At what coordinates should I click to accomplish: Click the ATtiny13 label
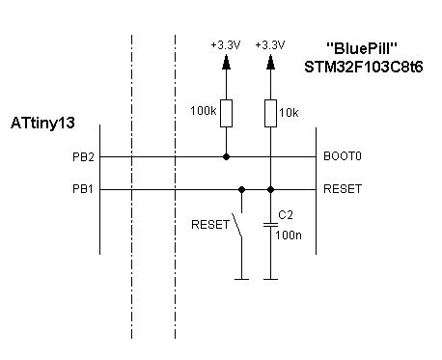42,124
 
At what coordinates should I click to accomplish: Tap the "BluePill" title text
362,48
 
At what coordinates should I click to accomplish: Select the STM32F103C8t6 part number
364,68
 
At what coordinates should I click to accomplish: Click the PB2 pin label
83,157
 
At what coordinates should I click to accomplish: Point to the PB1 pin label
83,189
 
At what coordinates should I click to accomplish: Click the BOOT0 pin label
343,156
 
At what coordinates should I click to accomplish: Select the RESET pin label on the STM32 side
343,189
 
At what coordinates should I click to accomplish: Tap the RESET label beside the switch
210,225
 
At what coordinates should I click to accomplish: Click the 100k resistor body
226,113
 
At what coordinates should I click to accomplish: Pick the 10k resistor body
270,113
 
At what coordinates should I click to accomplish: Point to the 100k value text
204,111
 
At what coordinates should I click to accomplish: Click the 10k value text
289,113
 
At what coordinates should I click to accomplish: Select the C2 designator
286,215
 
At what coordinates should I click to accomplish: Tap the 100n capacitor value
289,235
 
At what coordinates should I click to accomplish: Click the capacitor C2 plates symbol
270,225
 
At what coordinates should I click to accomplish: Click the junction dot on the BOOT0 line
226,157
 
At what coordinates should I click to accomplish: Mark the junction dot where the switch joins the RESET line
241,190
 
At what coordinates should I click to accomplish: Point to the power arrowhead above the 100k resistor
226,62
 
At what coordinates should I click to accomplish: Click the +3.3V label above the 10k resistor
270,45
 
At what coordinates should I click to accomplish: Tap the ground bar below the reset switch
241,279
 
